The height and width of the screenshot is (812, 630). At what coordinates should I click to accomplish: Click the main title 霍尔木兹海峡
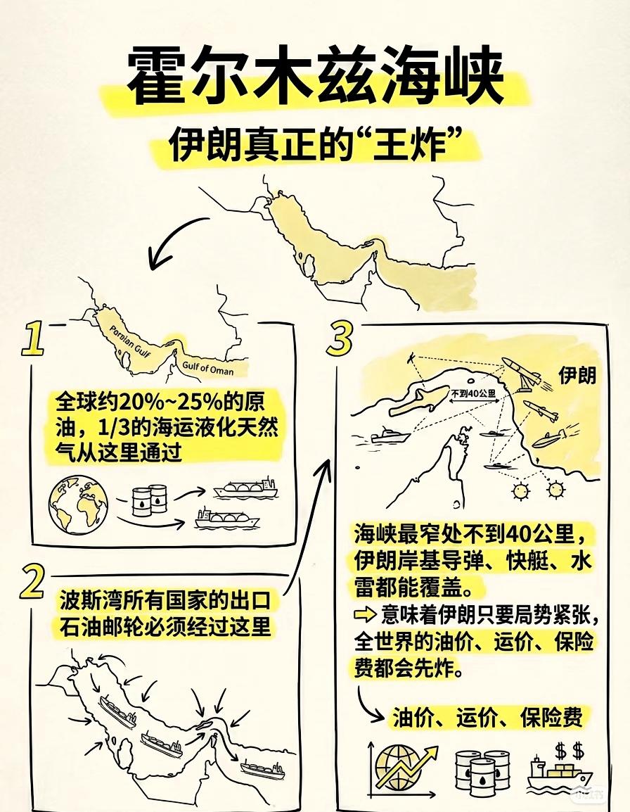pos(315,77)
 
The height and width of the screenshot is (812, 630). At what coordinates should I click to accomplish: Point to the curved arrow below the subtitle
pos(176,243)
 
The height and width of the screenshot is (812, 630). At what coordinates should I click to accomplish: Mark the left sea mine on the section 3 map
pos(521,488)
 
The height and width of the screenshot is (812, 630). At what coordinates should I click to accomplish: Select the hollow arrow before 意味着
pos(366,615)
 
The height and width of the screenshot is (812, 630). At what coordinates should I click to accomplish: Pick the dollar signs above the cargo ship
pos(569,748)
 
